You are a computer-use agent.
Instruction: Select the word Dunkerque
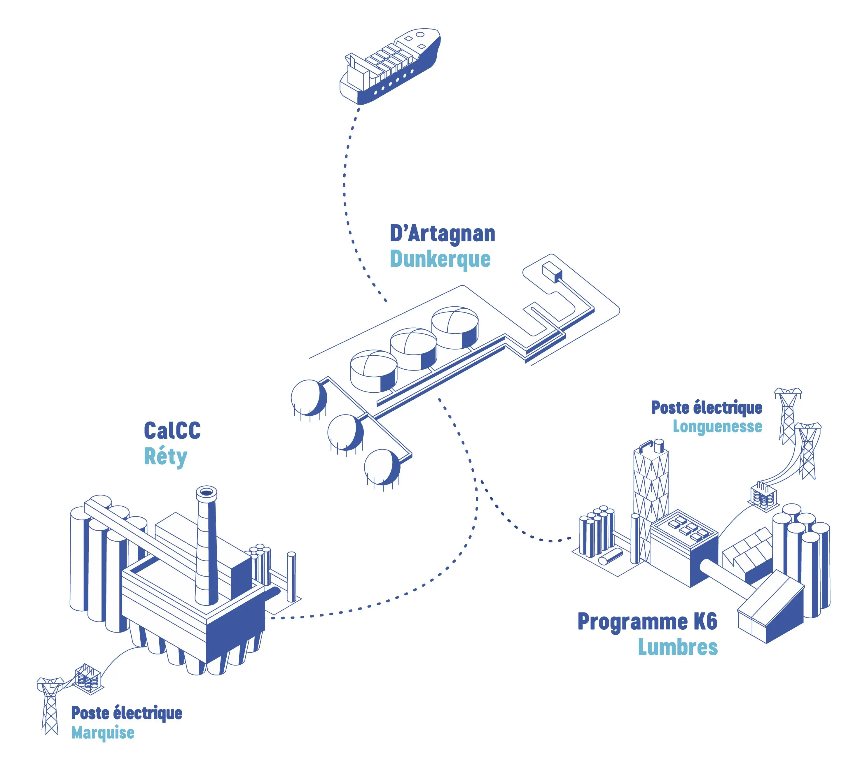coord(440,259)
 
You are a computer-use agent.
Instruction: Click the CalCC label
coord(172,430)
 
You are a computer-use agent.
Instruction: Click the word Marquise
coord(103,733)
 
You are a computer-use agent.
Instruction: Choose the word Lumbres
coord(678,647)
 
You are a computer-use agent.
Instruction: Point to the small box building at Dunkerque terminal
coord(552,272)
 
